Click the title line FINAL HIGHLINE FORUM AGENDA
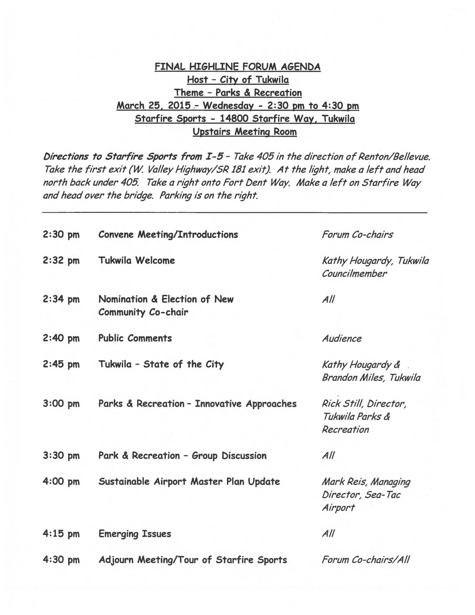(x=237, y=67)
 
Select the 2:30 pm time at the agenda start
(x=61, y=235)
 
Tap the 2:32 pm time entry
(x=61, y=261)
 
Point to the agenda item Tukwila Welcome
(x=137, y=260)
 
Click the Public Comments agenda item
(x=135, y=338)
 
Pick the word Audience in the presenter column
(x=342, y=339)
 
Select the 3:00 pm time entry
(x=61, y=404)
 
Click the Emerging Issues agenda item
(x=134, y=534)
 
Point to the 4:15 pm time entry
(x=61, y=534)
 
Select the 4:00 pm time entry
(x=61, y=482)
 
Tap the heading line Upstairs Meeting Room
(x=244, y=132)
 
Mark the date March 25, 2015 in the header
(x=154, y=106)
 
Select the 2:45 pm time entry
(x=61, y=364)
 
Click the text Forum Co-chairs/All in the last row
(x=365, y=560)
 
